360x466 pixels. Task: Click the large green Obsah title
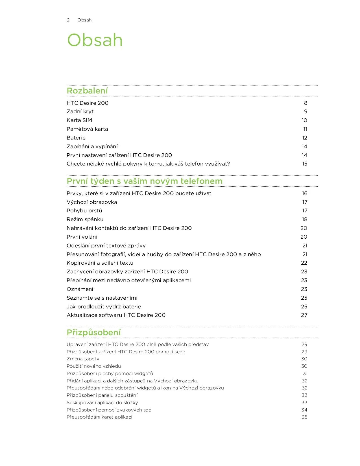click(95, 40)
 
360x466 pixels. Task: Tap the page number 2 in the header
click(68, 20)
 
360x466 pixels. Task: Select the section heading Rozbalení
click(87, 91)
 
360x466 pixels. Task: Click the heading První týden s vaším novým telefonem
click(145, 181)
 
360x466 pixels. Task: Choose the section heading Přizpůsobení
click(93, 332)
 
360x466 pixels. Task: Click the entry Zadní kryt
click(80, 112)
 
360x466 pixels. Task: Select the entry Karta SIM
click(79, 120)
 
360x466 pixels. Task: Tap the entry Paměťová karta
click(87, 129)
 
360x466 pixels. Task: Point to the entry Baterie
click(76, 138)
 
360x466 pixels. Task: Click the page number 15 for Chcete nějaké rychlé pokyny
click(305, 164)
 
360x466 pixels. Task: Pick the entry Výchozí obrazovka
click(92, 202)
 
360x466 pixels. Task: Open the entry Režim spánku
click(85, 219)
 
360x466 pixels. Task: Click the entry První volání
click(82, 237)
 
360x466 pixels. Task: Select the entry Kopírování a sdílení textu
click(100, 263)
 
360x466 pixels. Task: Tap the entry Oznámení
click(80, 289)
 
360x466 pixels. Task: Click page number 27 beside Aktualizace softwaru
click(304, 315)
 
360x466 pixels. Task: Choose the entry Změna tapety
click(83, 359)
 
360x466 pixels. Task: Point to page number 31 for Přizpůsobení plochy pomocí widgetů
click(305, 373)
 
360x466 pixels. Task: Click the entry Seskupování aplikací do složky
click(102, 402)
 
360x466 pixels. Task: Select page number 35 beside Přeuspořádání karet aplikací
click(304, 417)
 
